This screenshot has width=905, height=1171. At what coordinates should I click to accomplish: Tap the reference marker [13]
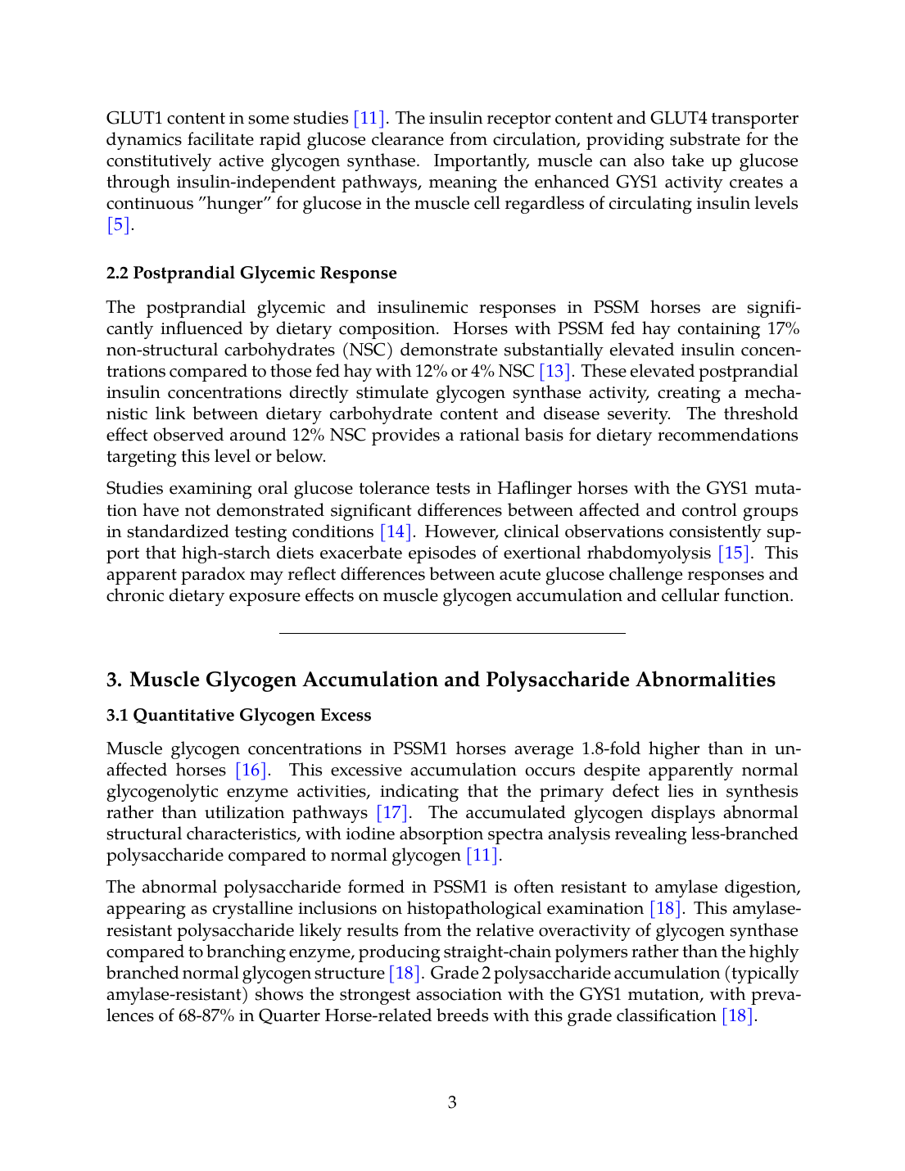[x=554, y=371]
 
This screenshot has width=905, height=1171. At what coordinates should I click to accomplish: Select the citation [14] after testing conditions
[x=396, y=531]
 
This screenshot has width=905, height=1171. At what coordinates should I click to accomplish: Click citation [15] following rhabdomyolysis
[x=734, y=553]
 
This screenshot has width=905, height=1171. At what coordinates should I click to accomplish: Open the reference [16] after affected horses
[x=251, y=770]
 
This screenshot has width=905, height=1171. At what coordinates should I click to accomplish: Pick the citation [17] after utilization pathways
[x=391, y=812]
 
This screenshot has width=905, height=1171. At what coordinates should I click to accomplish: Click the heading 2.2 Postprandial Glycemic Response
[x=251, y=273]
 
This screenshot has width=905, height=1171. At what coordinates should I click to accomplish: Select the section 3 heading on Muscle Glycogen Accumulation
[x=441, y=680]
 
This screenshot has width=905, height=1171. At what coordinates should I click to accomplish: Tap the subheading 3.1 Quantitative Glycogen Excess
[x=238, y=715]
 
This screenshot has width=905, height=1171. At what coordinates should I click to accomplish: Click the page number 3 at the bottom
[x=452, y=1102]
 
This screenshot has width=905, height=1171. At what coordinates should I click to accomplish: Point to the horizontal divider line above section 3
[x=452, y=633]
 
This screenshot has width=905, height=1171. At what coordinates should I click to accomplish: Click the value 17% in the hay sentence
[x=783, y=328]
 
